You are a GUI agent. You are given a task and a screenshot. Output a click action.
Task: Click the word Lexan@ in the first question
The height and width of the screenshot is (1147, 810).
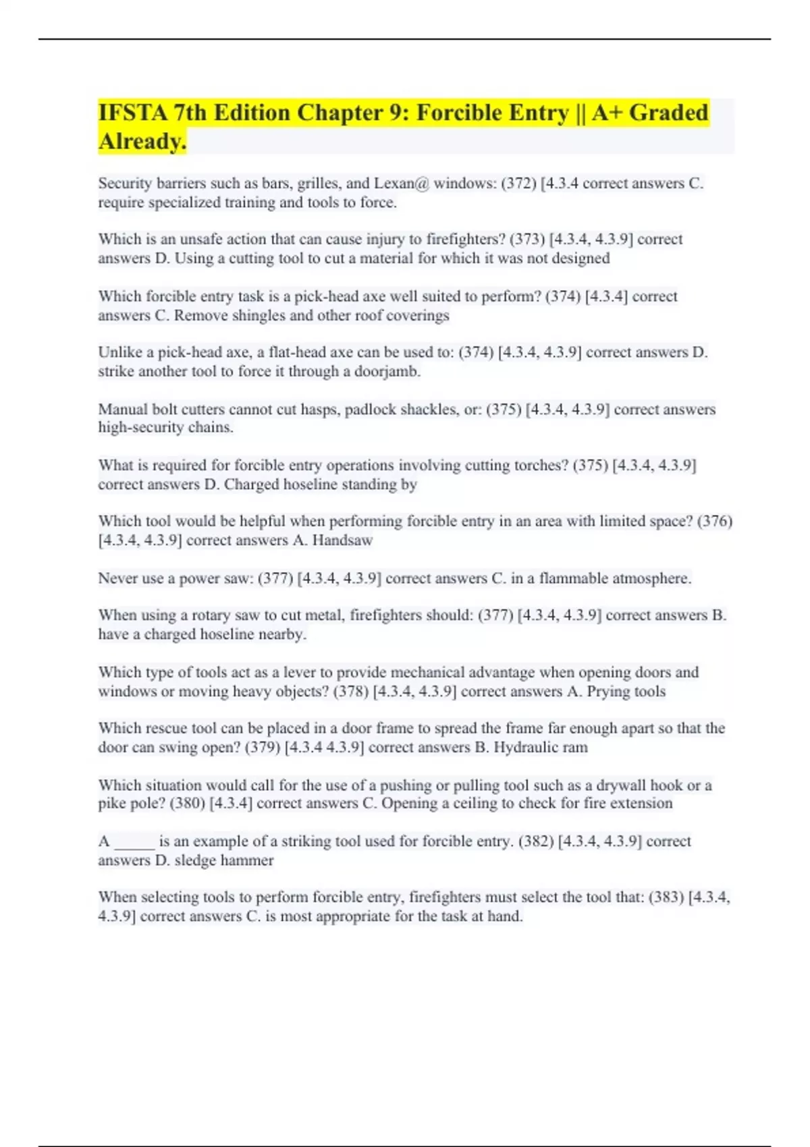point(402,184)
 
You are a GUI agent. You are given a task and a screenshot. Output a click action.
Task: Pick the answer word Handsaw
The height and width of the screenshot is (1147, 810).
point(342,540)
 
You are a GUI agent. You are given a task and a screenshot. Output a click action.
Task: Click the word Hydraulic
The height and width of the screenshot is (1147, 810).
point(522,748)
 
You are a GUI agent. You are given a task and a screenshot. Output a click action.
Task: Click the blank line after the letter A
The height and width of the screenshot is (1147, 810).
point(135,843)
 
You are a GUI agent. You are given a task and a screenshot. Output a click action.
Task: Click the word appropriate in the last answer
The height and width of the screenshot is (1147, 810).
point(352,917)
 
